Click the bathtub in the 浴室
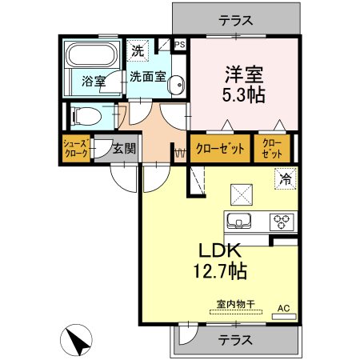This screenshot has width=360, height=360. (91, 54)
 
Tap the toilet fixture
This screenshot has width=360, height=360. (86, 117)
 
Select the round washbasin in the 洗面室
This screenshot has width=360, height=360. (176, 85)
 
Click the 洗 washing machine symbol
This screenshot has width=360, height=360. (138, 50)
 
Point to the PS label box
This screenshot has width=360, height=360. (180, 45)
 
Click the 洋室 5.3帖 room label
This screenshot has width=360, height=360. (244, 85)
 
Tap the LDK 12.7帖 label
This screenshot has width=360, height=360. (220, 261)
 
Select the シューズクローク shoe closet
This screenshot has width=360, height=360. (76, 149)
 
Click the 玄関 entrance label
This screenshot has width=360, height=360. (124, 149)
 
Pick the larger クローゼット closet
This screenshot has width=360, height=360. (220, 149)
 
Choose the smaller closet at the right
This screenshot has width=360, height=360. (272, 149)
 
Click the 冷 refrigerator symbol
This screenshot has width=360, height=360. (286, 178)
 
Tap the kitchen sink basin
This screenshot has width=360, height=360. (238, 221)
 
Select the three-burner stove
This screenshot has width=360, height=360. (282, 222)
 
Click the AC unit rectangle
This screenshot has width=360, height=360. (284, 317)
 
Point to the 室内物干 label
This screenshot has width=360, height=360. (236, 304)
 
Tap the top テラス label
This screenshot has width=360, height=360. (236, 20)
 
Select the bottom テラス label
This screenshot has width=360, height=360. (235, 340)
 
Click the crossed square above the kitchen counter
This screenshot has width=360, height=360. (242, 194)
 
